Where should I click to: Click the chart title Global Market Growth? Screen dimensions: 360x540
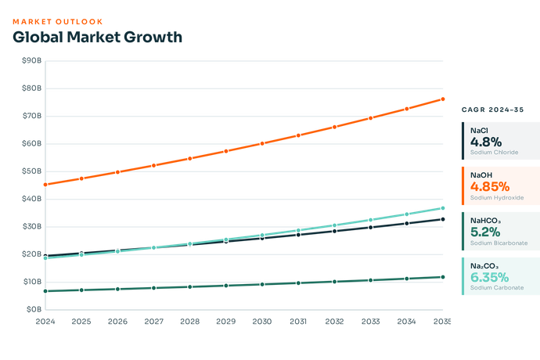[97, 37]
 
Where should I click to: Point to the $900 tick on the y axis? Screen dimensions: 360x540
[32, 60]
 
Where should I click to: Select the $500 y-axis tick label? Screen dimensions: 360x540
[32, 171]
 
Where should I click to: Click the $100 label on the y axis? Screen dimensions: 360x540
[32, 281]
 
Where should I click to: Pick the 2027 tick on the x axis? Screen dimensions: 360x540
[153, 321]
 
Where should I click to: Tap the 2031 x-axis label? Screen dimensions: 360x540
[298, 321]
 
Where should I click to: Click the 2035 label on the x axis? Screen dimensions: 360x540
[442, 321]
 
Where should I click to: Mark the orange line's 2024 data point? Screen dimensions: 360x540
[45, 185]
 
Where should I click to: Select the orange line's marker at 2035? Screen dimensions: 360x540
[443, 99]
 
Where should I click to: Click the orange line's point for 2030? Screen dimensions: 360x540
[262, 143]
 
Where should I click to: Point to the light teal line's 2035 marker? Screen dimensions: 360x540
[443, 208]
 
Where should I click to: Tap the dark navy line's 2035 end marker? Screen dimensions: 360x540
[443, 219]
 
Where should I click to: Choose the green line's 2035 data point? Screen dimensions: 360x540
[443, 277]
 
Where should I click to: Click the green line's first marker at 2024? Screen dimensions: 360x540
[45, 290]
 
